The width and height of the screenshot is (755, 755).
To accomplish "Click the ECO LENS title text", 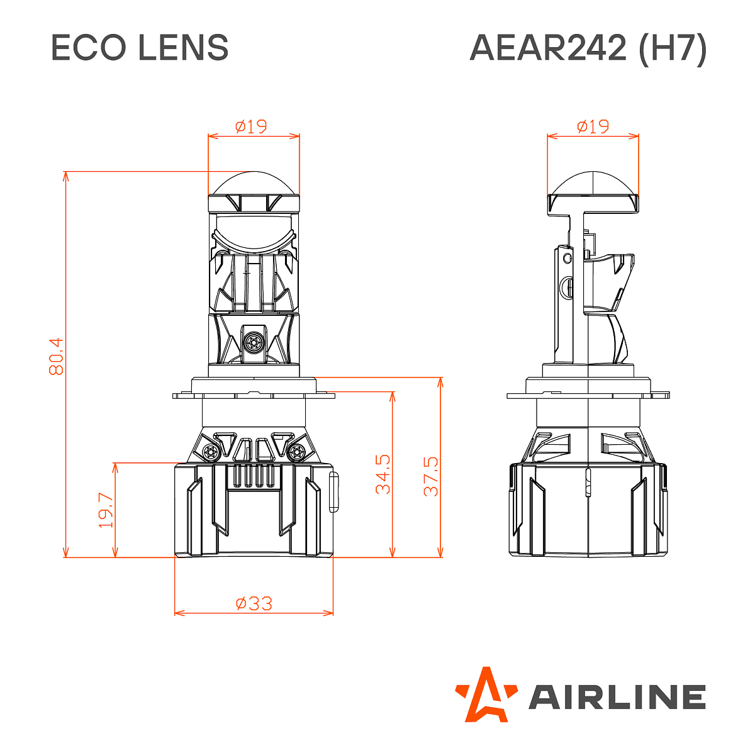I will (x=139, y=48).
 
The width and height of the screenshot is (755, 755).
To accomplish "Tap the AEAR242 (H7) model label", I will (x=588, y=48).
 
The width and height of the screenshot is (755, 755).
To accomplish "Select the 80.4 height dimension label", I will (x=56, y=357).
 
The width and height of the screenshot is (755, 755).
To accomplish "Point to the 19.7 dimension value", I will (x=106, y=510).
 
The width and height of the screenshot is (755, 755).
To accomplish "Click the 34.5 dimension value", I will (x=383, y=474).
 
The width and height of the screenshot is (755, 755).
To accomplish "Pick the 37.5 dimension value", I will (x=431, y=476).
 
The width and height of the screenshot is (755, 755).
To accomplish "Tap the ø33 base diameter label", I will (x=254, y=603).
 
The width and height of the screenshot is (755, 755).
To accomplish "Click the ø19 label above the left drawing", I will (x=252, y=126).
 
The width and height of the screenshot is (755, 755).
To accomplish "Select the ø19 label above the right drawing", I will (x=593, y=126).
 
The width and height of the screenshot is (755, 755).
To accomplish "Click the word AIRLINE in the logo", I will (x=617, y=697).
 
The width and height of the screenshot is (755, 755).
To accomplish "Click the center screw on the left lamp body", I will (x=254, y=342).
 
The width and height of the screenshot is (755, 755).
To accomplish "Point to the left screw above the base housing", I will (x=210, y=451).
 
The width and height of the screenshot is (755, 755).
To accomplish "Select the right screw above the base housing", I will (x=298, y=451).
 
